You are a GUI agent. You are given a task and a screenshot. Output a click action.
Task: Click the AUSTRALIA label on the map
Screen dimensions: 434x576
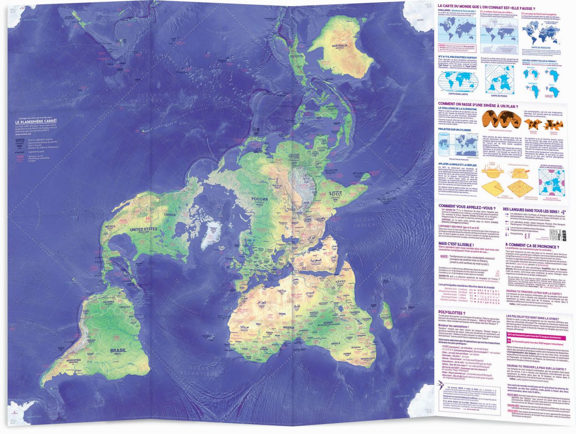click(339, 46)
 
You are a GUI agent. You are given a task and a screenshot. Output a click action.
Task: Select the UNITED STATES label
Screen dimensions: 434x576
click(144, 230)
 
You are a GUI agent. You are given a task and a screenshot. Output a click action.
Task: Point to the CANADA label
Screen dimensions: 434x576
click(170, 214)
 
